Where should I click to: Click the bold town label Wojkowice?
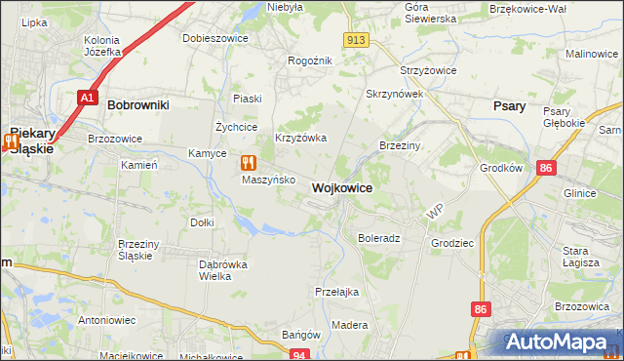point(341,187)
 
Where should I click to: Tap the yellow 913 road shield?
point(356,39)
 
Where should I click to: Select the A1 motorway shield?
point(88,98)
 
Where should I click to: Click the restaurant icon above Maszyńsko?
point(248,163)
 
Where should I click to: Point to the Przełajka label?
point(337,292)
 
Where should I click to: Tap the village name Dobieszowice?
point(215,38)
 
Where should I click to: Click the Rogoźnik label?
point(310,60)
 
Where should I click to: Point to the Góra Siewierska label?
point(430,13)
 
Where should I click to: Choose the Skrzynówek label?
point(393,94)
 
